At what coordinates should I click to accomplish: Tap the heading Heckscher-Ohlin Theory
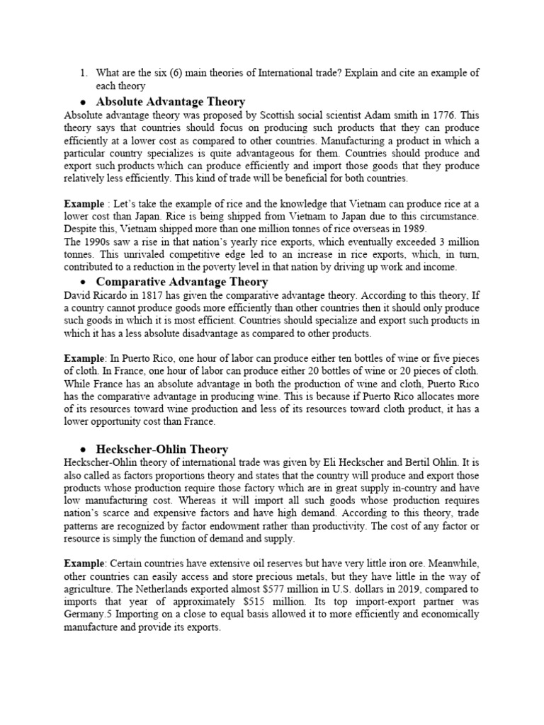click(161, 449)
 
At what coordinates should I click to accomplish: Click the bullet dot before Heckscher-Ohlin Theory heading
click(83, 450)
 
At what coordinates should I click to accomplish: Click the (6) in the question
click(206, 73)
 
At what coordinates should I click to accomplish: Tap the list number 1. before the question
click(82, 73)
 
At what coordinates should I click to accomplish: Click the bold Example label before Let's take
click(85, 203)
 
